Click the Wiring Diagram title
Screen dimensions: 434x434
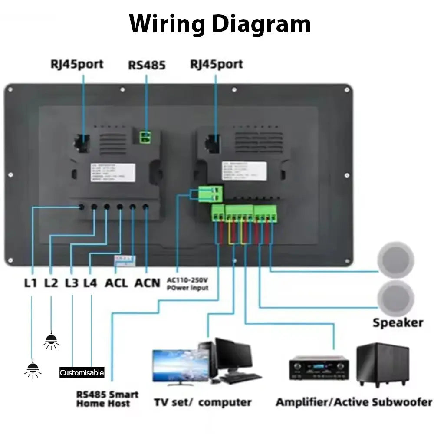point(220,24)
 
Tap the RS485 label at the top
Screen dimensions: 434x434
point(146,65)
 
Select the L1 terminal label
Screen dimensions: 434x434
point(30,283)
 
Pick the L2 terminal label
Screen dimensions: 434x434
point(51,283)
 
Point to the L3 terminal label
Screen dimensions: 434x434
point(72,283)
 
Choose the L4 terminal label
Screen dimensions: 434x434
point(90,283)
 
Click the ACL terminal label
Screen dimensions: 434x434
point(116,283)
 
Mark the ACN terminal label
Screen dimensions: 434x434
point(147,283)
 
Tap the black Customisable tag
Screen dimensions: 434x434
point(82,372)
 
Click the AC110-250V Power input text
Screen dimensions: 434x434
point(187,284)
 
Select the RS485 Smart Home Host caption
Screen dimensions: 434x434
point(107,399)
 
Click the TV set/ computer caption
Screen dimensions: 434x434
point(203,402)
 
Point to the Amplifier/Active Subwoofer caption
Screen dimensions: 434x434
point(354,402)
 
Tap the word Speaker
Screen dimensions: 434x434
point(398,322)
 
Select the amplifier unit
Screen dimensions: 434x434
point(319,368)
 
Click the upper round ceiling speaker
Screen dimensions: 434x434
point(396,260)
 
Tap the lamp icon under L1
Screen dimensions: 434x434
point(32,369)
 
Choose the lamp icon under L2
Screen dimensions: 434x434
point(51,341)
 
